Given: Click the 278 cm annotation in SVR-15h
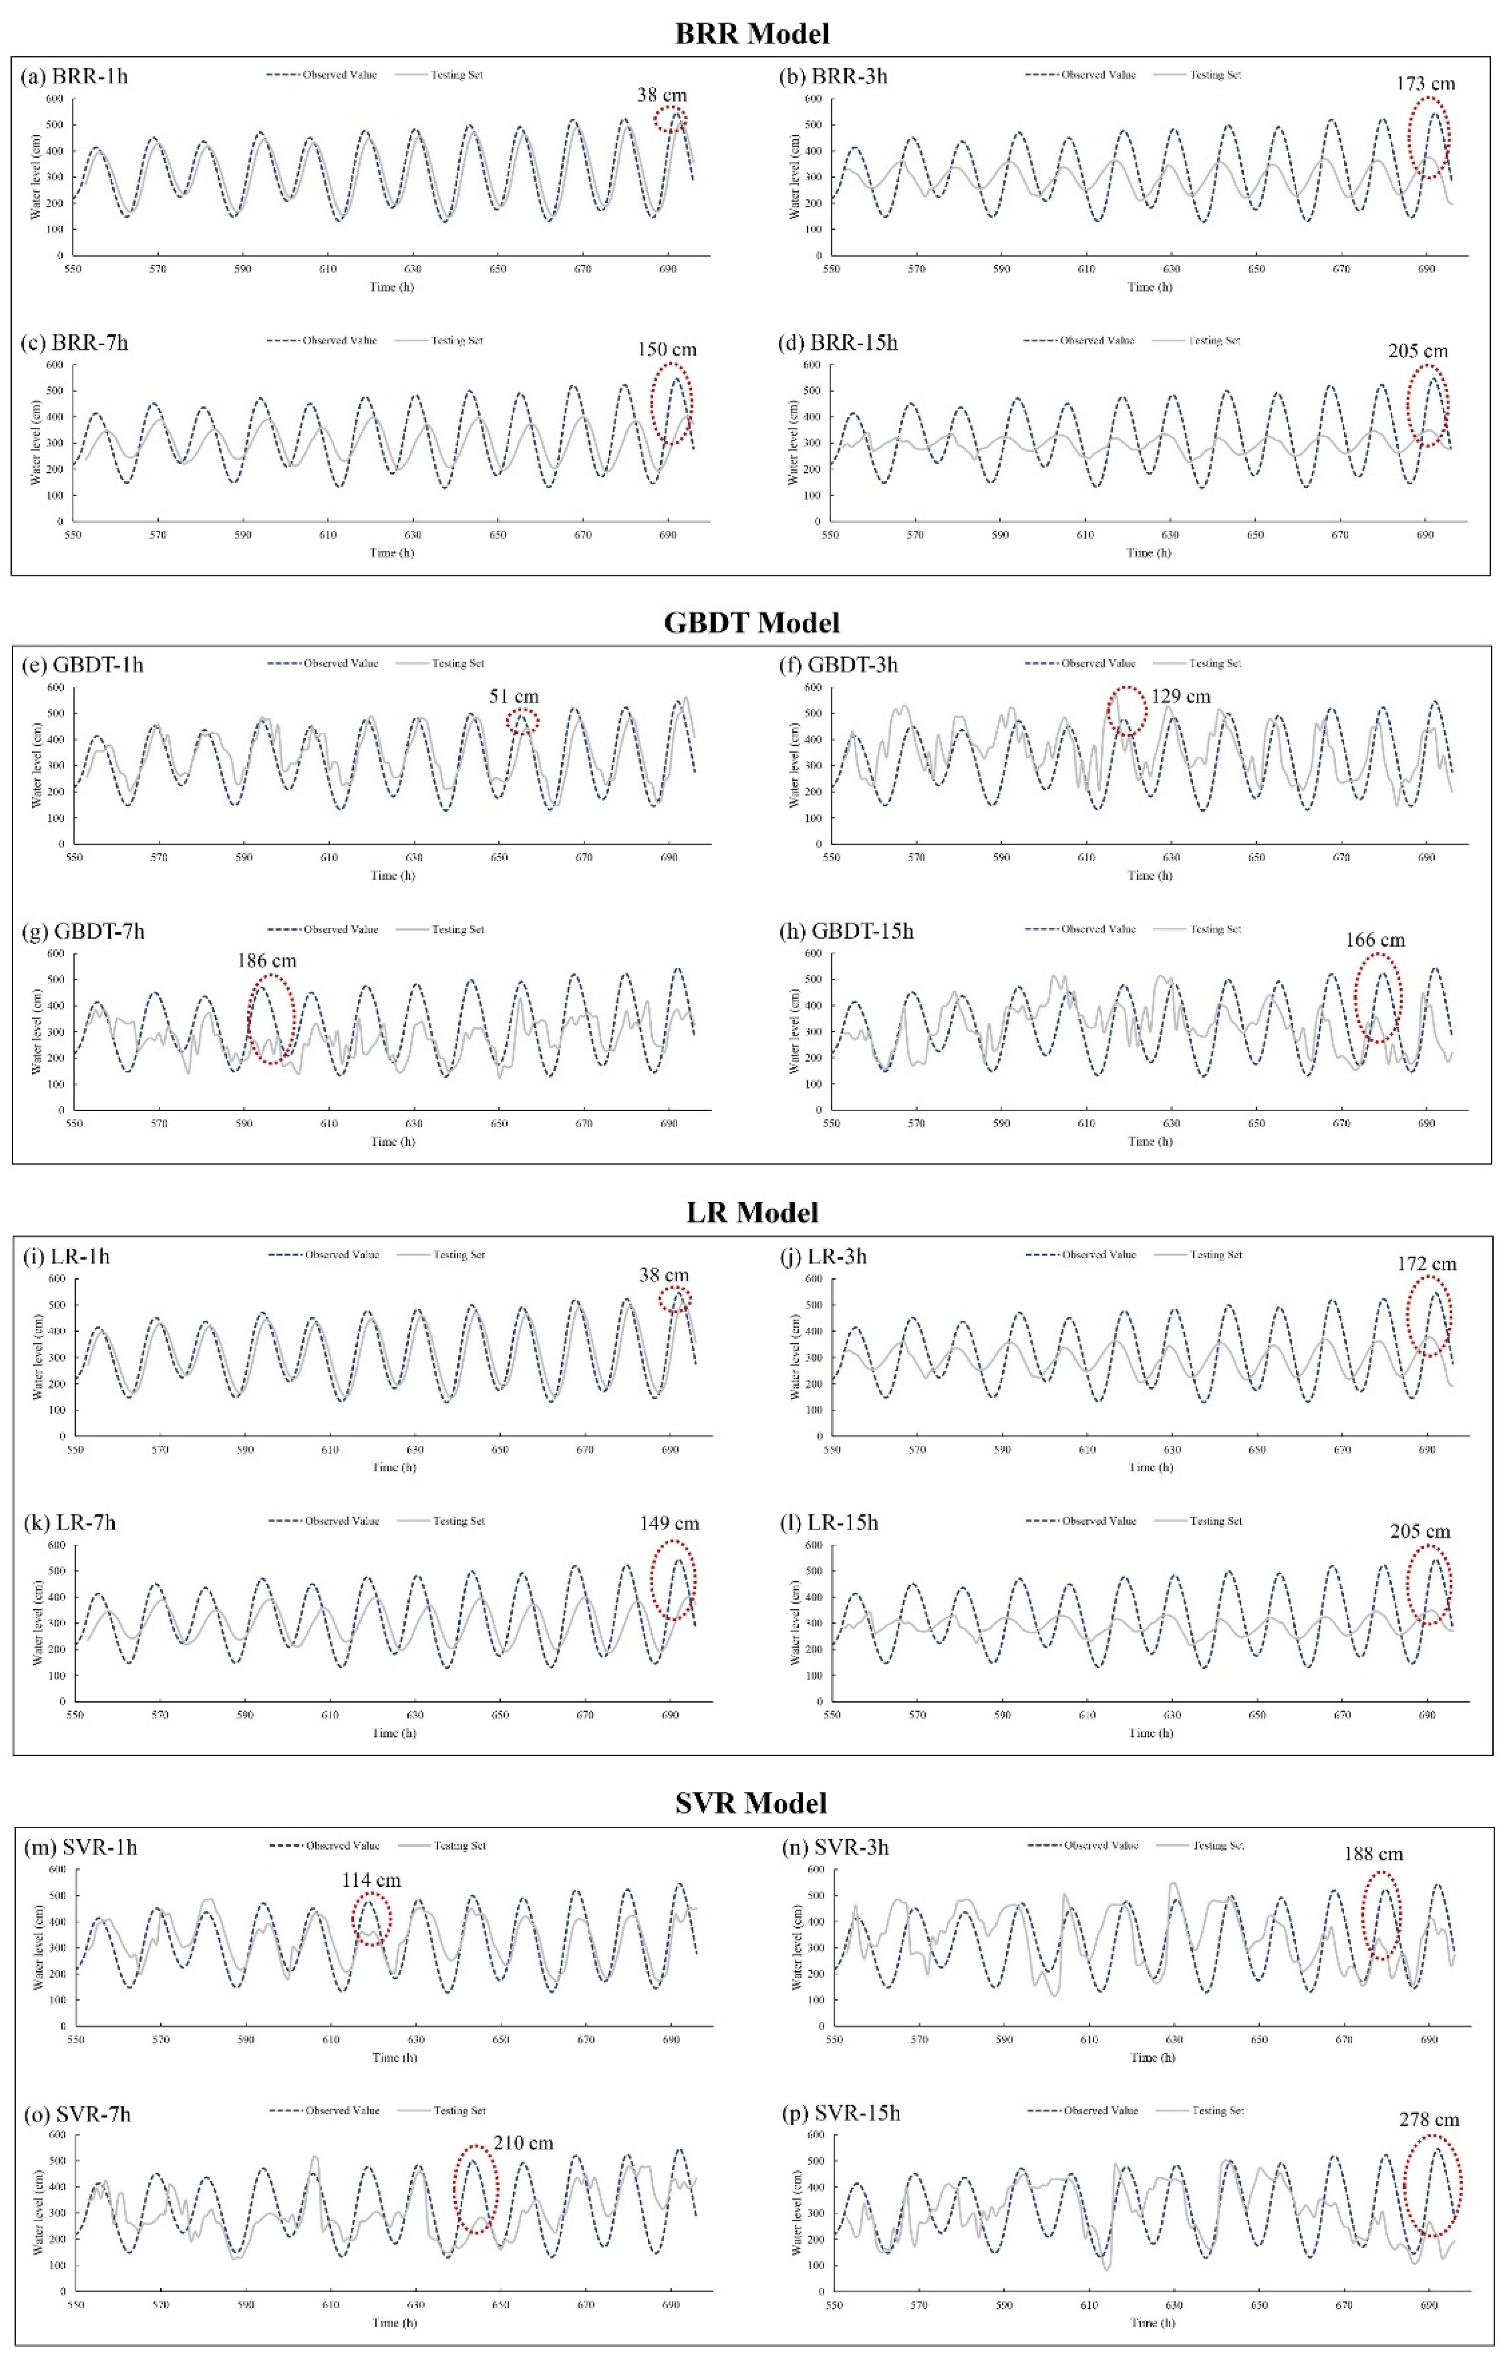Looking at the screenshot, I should (x=1429, y=2119).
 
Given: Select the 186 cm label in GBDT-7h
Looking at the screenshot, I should (x=266, y=961).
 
